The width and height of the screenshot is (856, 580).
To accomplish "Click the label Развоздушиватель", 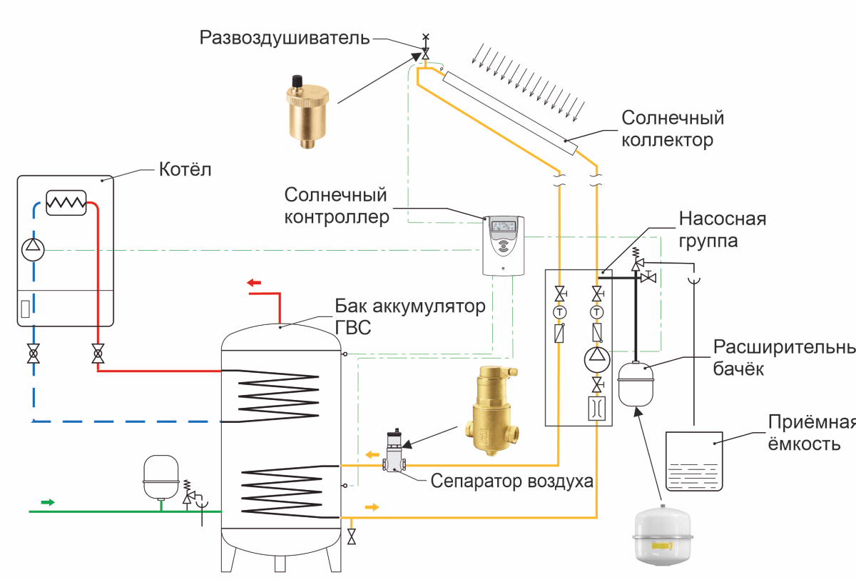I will pos(285,38).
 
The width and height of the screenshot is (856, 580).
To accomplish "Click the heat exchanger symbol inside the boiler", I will pos(66,203).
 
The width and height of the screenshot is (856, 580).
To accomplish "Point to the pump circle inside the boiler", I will pos(33,250).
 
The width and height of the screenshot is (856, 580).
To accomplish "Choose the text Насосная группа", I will pos(722,229).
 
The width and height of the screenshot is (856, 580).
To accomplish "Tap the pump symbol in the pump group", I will pos(596,356).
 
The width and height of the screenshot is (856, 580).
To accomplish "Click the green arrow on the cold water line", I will pos(47,502).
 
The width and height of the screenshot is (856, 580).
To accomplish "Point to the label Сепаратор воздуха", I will pos(511,481).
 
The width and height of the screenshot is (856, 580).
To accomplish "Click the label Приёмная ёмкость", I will pos(811,433).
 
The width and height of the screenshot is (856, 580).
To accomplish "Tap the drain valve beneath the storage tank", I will pos(351,536).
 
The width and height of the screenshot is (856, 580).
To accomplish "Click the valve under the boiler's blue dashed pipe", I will pos(33,354).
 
